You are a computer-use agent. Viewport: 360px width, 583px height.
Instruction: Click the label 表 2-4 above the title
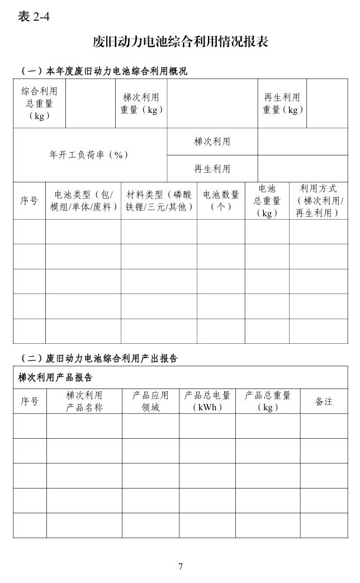[34, 17]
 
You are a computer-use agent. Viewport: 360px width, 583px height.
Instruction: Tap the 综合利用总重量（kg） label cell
[39, 103]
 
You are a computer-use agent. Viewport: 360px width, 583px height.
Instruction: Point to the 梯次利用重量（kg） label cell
[141, 103]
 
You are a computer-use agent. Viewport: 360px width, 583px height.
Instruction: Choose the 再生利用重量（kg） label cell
[282, 103]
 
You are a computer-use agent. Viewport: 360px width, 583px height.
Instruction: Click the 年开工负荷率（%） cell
[89, 155]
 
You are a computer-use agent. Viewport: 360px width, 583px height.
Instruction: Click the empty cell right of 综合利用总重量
[91, 103]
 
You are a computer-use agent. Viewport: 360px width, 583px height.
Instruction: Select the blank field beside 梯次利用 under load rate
[302, 141]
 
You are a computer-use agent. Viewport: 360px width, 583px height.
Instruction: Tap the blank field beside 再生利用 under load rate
[302, 168]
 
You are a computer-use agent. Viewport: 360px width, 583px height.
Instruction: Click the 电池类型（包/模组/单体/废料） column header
[83, 201]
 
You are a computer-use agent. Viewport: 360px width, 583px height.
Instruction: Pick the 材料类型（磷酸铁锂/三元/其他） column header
[159, 201]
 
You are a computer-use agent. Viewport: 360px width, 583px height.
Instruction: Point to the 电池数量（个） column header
[221, 201]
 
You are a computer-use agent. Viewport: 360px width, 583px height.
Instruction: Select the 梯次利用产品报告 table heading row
[180, 377]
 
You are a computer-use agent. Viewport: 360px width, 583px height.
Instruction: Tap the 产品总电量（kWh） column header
[207, 401]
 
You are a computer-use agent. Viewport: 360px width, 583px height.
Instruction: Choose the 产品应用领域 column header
[150, 401]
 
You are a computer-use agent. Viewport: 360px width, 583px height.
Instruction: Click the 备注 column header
[324, 401]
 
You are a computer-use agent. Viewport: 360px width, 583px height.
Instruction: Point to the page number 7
[180, 567]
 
